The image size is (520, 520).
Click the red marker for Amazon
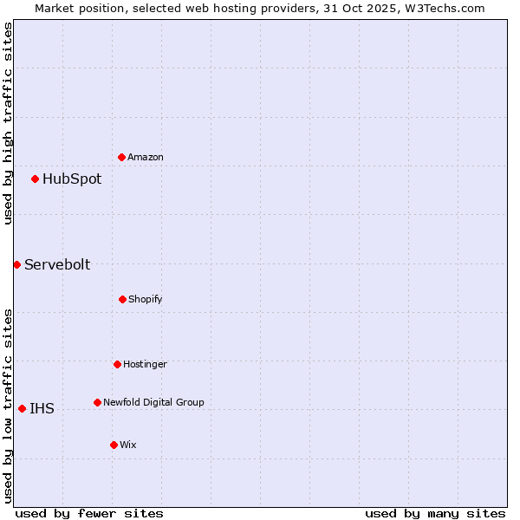pyautogui.click(x=122, y=157)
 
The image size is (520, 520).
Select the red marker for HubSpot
pyautogui.click(x=36, y=179)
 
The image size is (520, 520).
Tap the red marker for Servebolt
pyautogui.click(x=16, y=264)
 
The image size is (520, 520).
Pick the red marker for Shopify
pyautogui.click(x=122, y=299)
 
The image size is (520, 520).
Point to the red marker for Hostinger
pyautogui.click(x=117, y=364)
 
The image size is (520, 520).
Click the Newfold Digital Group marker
pyautogui.click(x=97, y=402)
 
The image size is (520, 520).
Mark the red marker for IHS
pyautogui.click(x=22, y=408)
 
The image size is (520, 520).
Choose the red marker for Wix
pyautogui.click(x=114, y=445)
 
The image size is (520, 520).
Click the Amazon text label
pyautogui.click(x=146, y=157)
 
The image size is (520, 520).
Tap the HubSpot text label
pyautogui.click(x=72, y=179)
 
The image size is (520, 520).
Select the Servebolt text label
pyautogui.click(x=57, y=264)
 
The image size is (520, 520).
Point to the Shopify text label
pyautogui.click(x=146, y=299)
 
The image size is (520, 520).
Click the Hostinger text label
pyautogui.click(x=145, y=364)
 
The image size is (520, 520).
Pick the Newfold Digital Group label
pyautogui.click(x=153, y=402)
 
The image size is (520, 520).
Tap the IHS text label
pyautogui.click(x=42, y=408)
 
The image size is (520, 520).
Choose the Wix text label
pyautogui.click(x=128, y=445)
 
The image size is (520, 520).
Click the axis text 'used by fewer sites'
pyautogui.click(x=89, y=513)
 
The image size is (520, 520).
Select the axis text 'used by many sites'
pyautogui.click(x=435, y=513)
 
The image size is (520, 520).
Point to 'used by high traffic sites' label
pyautogui.click(x=8, y=123)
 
